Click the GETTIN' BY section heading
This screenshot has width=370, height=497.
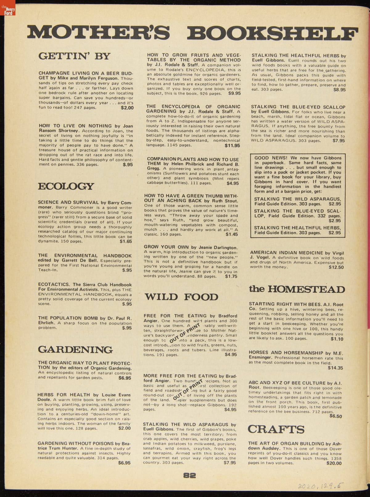pos(74,56)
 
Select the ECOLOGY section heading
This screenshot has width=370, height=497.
pos(66,186)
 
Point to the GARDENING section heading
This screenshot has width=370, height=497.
pos(75,350)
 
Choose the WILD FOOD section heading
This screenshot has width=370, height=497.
pos(181,297)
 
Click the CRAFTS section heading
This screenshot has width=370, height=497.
pos(276,429)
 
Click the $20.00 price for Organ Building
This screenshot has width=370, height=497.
pos(334,463)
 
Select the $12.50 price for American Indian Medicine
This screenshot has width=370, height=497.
pos(336,267)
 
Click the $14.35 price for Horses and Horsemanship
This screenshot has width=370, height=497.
pos(335,368)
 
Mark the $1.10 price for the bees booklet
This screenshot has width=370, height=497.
pos(337,339)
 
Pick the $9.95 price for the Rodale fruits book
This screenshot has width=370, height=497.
pos(234,93)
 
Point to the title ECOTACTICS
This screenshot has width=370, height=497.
pos(54,285)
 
